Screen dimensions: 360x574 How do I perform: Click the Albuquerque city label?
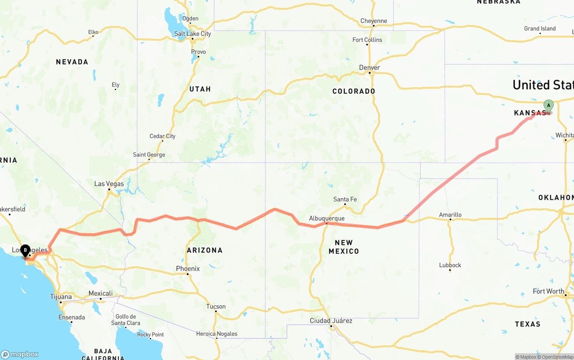click(326, 218)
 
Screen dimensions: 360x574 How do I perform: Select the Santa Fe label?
click(345, 199)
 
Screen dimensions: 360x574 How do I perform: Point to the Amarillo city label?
click(450, 215)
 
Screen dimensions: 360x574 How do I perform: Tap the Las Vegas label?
click(109, 184)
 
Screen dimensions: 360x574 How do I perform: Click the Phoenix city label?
click(187, 269)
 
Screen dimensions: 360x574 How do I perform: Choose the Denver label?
click(370, 68)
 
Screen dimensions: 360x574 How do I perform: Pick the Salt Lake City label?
click(192, 34)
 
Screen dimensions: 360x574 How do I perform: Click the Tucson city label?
click(216, 307)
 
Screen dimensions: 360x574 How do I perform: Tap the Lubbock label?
click(450, 265)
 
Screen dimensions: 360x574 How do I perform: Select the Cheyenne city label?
click(374, 21)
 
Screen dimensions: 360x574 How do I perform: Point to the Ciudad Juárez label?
click(331, 321)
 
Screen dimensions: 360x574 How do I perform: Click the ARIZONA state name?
click(204, 250)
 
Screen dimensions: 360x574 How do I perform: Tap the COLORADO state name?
click(353, 91)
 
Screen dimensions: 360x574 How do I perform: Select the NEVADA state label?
click(72, 62)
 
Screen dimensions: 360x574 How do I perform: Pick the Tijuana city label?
click(61, 297)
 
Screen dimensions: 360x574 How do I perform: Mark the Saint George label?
click(149, 155)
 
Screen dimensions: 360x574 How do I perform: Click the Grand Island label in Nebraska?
click(540, 29)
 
